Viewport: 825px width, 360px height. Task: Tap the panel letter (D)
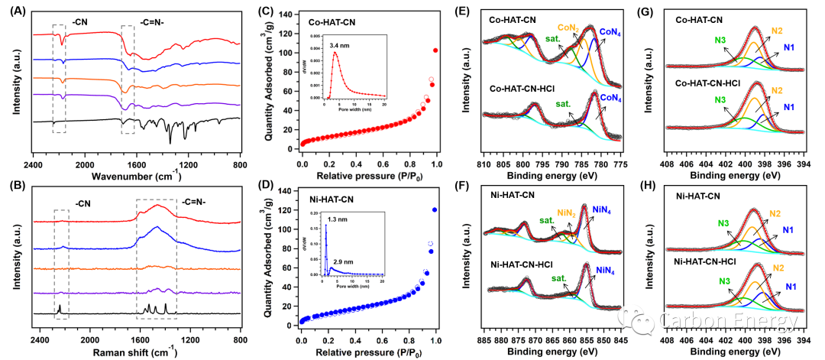(267, 186)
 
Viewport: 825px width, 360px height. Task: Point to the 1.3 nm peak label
(339, 219)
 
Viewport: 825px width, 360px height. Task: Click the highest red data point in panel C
(435, 50)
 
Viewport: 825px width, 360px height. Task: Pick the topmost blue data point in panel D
(435, 209)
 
